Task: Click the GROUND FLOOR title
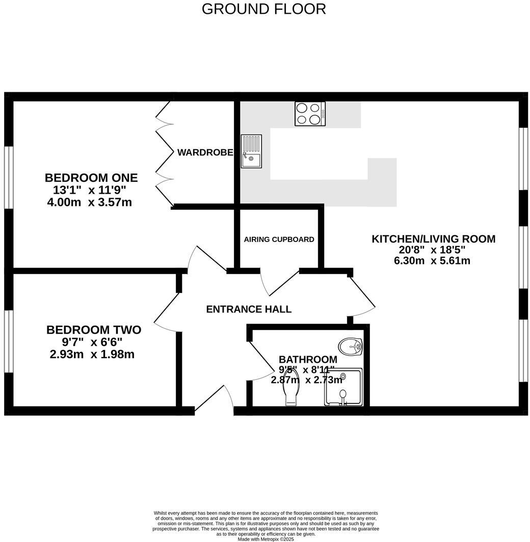tap(263, 9)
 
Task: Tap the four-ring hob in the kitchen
tap(310, 114)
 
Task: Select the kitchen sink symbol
tap(251, 151)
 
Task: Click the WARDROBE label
tap(205, 152)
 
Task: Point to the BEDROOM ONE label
tap(91, 178)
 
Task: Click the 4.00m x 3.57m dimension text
tap(89, 202)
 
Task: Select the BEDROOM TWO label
tap(94, 330)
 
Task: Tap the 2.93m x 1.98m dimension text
tap(92, 354)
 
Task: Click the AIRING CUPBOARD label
tap(279, 239)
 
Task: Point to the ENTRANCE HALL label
tap(249, 309)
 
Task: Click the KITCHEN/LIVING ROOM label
tap(433, 239)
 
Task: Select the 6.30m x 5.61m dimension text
tap(432, 261)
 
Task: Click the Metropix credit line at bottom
tap(266, 539)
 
